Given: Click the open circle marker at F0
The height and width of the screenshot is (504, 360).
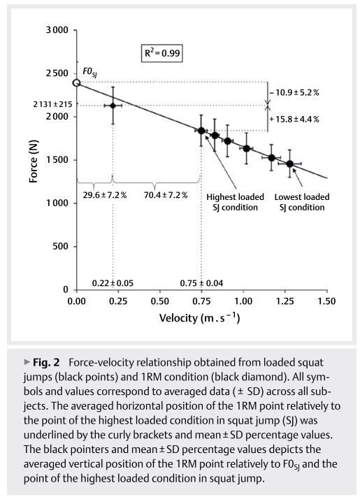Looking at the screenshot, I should point(77,83).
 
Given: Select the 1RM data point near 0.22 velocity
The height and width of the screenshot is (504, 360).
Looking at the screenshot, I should point(113,106).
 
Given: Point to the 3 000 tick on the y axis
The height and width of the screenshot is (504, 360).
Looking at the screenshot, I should point(56,30).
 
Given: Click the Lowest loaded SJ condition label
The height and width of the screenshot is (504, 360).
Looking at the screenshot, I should point(299,201).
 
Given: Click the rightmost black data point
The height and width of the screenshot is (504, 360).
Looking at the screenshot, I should point(289,164).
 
